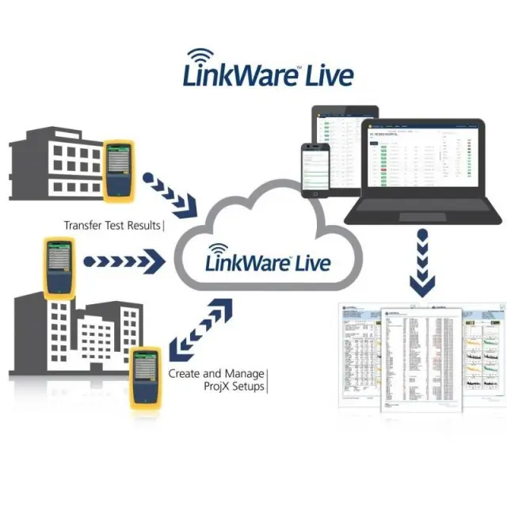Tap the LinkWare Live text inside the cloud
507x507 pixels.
(268, 261)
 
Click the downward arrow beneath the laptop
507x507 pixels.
(421, 265)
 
